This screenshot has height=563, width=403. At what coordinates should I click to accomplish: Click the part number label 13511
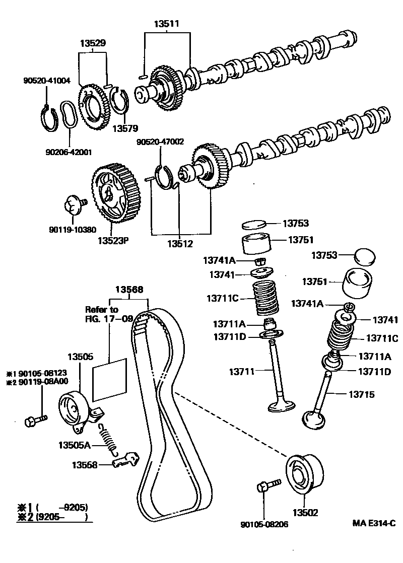(x=166, y=23)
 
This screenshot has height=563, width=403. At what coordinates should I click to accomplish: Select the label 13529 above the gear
(x=93, y=43)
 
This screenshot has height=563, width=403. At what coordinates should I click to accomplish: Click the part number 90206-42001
(x=71, y=152)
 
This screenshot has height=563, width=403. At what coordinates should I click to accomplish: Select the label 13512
(x=180, y=245)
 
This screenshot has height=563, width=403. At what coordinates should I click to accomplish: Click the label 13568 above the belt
(x=129, y=290)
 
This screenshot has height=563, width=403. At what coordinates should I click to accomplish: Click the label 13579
(x=125, y=128)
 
